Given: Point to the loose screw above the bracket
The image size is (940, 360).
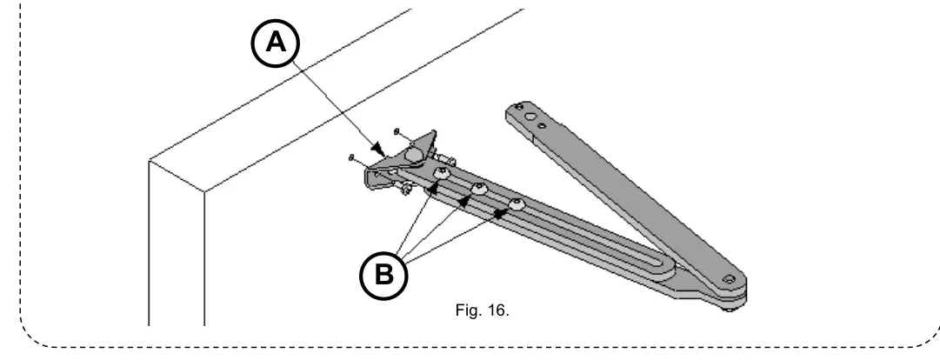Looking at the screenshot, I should (397, 131).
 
